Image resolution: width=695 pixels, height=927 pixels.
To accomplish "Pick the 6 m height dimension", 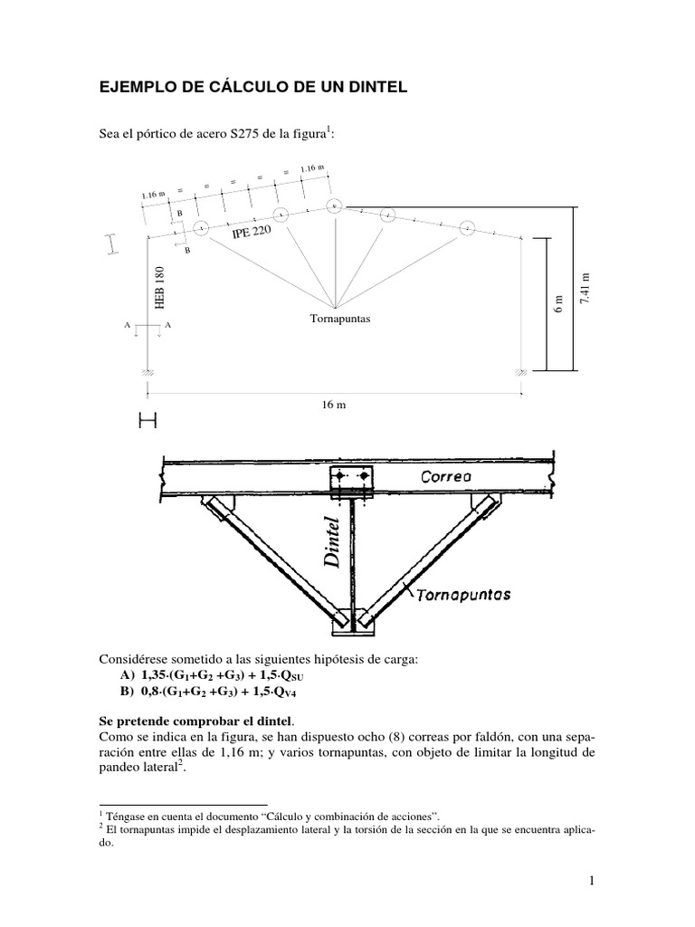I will tap(558, 304).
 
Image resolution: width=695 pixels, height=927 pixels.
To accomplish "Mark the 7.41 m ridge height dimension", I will tap(584, 289).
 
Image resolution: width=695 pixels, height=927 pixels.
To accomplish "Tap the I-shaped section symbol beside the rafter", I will tap(111, 244).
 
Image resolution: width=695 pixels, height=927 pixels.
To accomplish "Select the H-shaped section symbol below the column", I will tap(147, 421).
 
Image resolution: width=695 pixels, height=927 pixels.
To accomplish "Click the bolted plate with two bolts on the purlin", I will tap(350, 476).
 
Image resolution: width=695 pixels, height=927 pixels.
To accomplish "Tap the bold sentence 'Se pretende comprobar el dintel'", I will tap(195, 722).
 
